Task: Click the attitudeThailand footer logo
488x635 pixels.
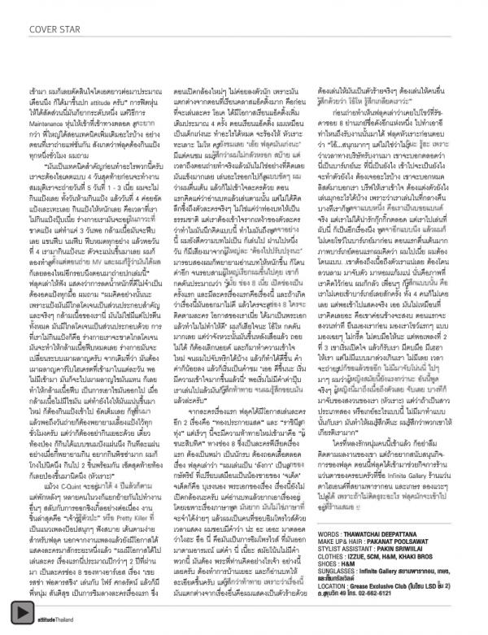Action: pyautogui.click(x=50, y=613)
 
